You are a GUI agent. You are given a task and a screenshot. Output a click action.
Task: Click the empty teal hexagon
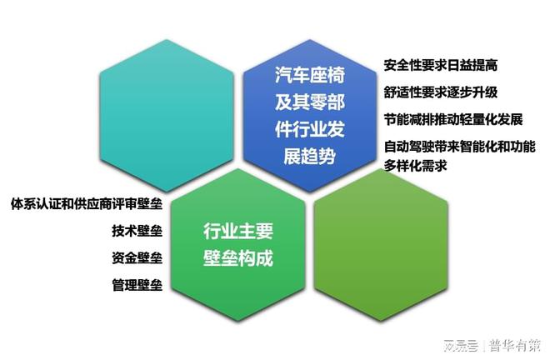pyautogui.click(x=167, y=116)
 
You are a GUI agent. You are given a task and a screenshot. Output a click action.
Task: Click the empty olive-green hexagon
pyautogui.click(x=381, y=245)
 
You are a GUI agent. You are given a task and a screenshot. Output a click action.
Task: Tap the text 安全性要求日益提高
pyautogui.click(x=440, y=65)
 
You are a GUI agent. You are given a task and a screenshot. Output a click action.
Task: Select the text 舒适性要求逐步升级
pyautogui.click(x=440, y=92)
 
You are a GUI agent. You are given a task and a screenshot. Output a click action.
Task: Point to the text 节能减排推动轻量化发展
pyautogui.click(x=452, y=119)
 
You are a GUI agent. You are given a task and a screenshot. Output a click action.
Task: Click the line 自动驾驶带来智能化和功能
pyautogui.click(x=459, y=147)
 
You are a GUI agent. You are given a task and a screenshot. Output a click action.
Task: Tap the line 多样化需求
pyautogui.click(x=415, y=165)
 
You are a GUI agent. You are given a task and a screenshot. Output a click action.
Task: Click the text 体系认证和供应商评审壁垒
pyautogui.click(x=87, y=204)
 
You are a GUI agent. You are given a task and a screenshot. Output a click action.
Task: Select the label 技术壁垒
pyautogui.click(x=137, y=231)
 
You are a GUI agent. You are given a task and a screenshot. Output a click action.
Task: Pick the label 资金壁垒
pyautogui.click(x=137, y=257)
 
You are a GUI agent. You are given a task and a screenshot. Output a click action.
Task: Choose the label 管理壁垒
pyautogui.click(x=137, y=285)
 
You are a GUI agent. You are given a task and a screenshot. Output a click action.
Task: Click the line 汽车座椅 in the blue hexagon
pyautogui.click(x=310, y=75)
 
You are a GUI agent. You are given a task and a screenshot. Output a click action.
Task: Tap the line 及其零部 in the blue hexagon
pyautogui.click(x=310, y=102)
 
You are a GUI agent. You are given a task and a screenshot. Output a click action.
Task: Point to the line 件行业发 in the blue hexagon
pyautogui.click(x=310, y=129)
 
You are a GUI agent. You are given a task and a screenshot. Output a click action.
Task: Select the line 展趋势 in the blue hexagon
pyautogui.click(x=310, y=157)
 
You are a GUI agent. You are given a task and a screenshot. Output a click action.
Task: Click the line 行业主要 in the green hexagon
pyautogui.click(x=238, y=231)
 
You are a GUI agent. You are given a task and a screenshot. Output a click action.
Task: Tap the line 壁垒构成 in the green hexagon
pyautogui.click(x=238, y=258)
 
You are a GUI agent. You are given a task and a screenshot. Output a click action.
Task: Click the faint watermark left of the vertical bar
pyautogui.click(x=461, y=346)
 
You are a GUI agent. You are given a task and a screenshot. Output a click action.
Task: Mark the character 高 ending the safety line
pyautogui.click(x=491, y=65)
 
